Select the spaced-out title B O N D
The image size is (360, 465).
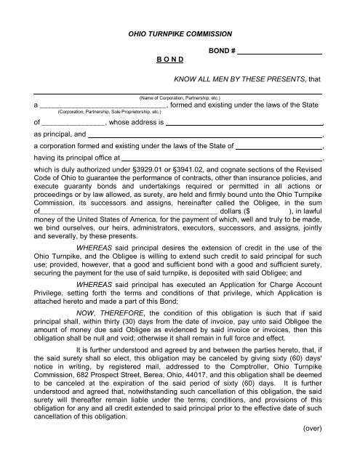[169, 62]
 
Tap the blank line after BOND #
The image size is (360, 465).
[280, 52]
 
